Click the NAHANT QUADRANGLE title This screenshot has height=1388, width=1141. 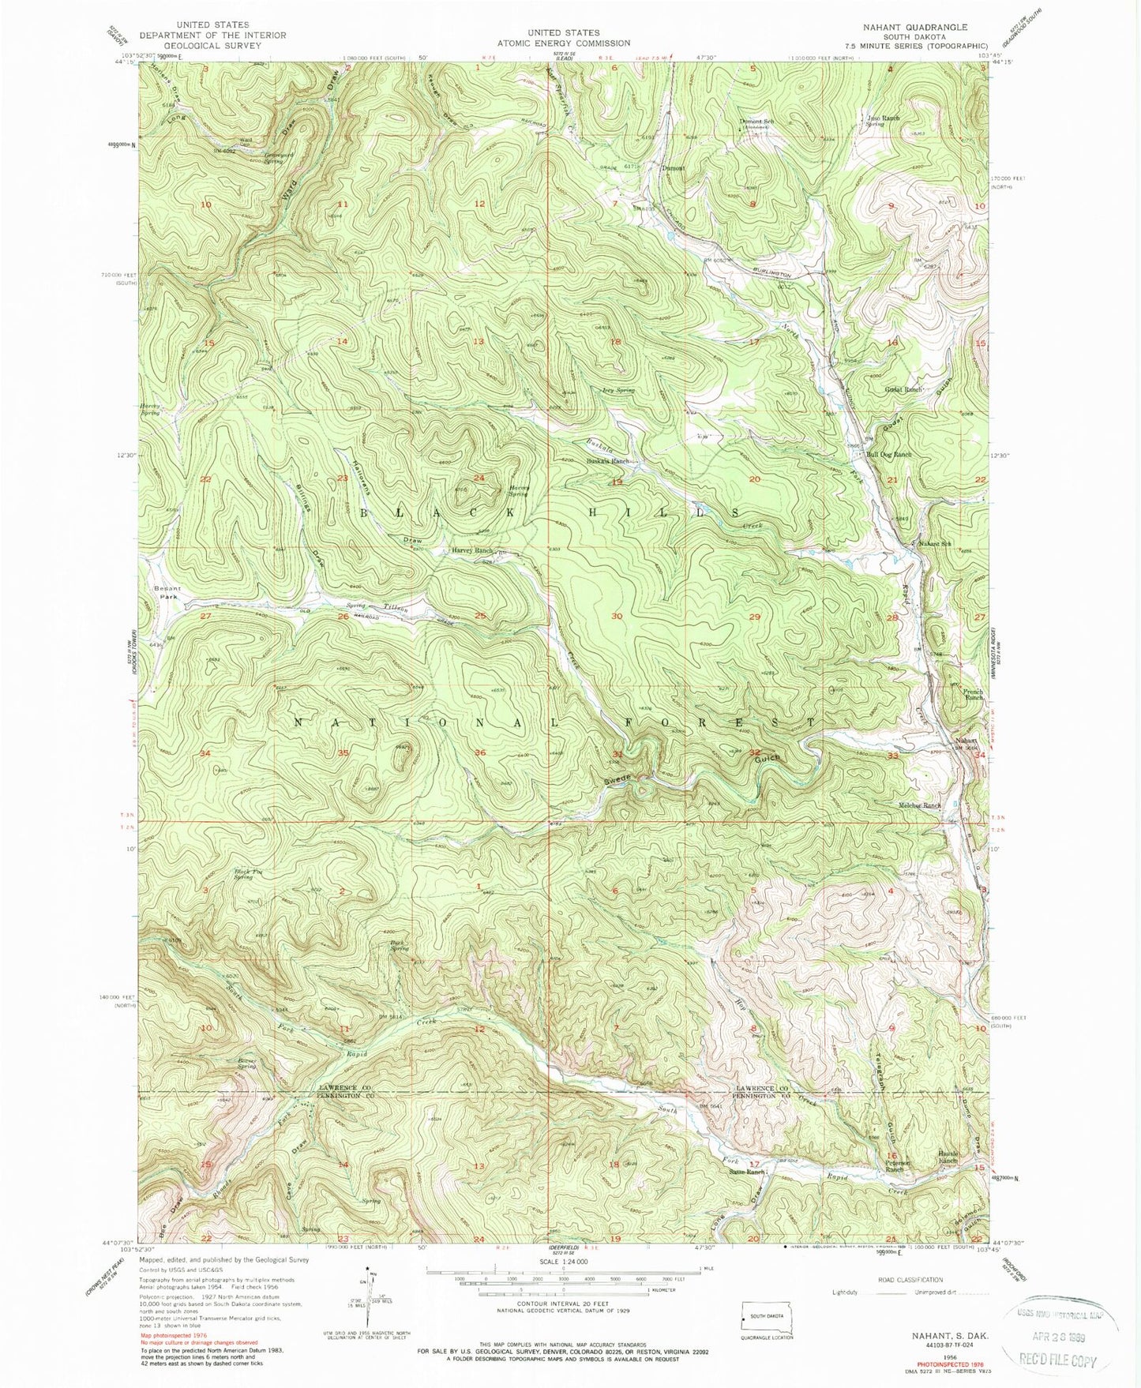tap(914, 27)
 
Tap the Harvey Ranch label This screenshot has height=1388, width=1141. tap(472, 550)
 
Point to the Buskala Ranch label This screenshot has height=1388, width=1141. tap(606, 461)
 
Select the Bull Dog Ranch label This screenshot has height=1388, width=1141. tap(889, 455)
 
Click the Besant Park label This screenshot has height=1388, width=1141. tap(167, 593)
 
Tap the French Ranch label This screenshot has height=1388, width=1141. tap(972, 695)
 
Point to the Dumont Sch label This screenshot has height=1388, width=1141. tap(754, 122)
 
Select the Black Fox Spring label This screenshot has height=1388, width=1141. tap(243, 874)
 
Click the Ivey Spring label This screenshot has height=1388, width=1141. tap(618, 390)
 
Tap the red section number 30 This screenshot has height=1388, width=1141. tap(617, 616)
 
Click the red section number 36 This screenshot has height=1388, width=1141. tap(479, 752)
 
